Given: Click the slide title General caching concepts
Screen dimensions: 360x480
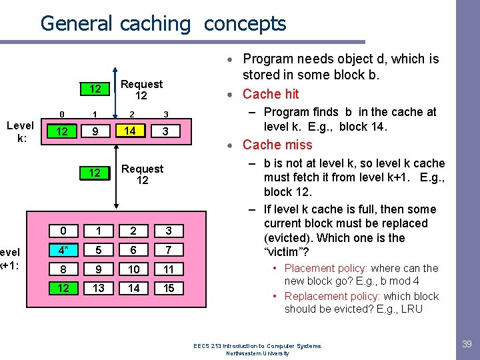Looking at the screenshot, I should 163,24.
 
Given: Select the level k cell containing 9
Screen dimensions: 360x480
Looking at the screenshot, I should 95,131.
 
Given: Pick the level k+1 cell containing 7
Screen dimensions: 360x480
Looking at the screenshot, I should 168,250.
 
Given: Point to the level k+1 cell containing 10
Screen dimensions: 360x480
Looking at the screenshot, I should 134,269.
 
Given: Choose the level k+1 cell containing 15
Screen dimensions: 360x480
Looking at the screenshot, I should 168,288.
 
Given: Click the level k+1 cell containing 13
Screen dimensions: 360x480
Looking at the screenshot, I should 98,288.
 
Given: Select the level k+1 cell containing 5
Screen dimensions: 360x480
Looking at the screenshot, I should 98,250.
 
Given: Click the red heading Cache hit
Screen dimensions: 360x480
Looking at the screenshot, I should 271,94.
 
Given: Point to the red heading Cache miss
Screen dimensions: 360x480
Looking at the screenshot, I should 277,145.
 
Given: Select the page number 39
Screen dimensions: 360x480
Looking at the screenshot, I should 467,344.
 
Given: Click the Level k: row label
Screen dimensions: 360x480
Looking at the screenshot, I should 20,132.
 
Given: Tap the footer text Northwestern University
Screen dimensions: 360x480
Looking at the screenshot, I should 257,353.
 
